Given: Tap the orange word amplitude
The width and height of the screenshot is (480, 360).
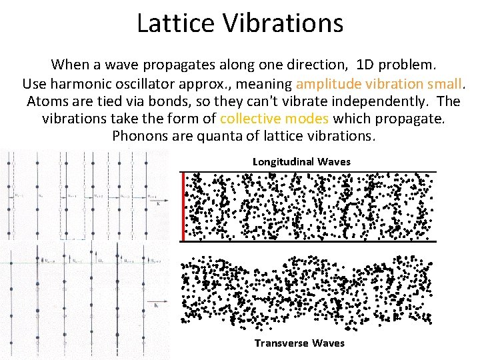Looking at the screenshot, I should (328, 84).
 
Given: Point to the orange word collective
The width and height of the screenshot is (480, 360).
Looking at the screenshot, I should (250, 119).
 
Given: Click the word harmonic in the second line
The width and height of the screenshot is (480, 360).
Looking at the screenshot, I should (79, 84).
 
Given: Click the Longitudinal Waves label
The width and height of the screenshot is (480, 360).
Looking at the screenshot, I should (301, 162).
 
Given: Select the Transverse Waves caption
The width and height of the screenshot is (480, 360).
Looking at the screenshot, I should (299, 343).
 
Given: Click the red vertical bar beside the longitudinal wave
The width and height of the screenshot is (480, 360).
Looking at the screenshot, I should (182, 205).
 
